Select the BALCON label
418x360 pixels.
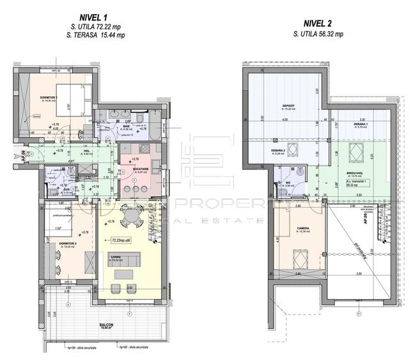[x=106, y=324]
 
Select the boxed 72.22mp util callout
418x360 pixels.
[x=120, y=240]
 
